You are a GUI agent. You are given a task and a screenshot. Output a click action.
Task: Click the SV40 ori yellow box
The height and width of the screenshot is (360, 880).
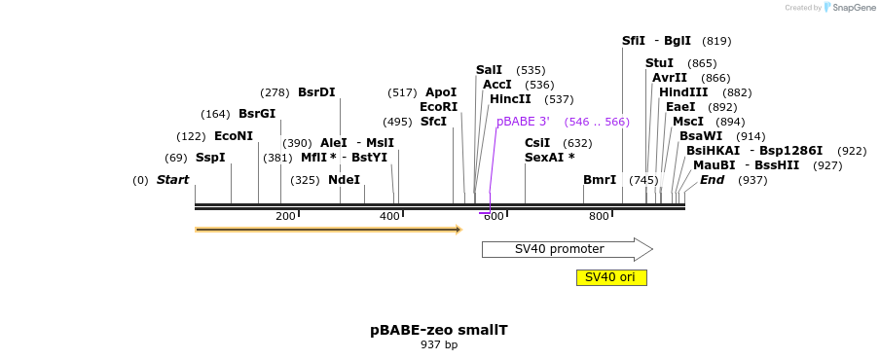point(610,277)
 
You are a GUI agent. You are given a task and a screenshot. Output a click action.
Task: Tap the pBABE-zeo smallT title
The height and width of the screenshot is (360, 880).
point(438,330)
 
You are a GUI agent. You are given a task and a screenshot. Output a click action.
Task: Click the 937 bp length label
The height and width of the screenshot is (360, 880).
point(438,345)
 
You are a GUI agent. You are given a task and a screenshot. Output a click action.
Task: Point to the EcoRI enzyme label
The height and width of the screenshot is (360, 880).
point(438,107)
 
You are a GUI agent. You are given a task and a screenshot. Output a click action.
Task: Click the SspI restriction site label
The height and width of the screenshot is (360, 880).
point(210,158)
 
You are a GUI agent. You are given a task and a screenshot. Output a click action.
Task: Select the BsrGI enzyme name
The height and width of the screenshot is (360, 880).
point(257,114)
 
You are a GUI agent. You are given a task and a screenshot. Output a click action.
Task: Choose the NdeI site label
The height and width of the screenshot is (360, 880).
point(344,180)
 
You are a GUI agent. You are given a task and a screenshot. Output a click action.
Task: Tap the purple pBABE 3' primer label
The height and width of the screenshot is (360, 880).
point(523,122)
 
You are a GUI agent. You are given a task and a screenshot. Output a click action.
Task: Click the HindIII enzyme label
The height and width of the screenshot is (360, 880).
point(683,92)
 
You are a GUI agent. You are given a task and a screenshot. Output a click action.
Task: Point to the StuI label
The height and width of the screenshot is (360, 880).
point(659,63)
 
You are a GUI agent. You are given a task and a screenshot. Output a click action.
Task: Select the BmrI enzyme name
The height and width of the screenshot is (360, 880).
point(600,180)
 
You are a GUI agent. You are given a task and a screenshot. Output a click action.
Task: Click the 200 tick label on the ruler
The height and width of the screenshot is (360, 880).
point(285,216)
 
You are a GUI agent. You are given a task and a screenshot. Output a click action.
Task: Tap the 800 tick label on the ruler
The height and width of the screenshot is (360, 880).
point(599,216)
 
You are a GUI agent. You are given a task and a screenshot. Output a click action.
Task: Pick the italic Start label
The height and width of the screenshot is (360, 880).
point(172,180)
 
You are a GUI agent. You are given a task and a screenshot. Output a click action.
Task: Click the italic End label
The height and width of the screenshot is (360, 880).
point(712,180)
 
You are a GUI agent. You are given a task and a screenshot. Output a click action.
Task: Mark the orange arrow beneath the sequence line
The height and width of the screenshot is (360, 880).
point(327,230)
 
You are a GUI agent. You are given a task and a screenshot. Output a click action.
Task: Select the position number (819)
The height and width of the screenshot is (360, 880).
point(716,41)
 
